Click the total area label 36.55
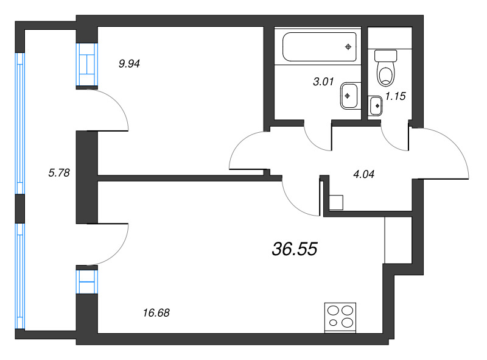(294, 249)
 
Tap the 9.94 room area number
(129, 63)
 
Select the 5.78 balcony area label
(59, 172)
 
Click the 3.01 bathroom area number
(323, 82)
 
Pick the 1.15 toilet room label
(396, 96)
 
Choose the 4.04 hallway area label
(363, 174)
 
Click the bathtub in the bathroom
(320, 46)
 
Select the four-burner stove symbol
(340, 317)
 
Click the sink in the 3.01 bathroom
(349, 95)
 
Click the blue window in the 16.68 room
(86, 282)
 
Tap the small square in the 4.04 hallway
(336, 202)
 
